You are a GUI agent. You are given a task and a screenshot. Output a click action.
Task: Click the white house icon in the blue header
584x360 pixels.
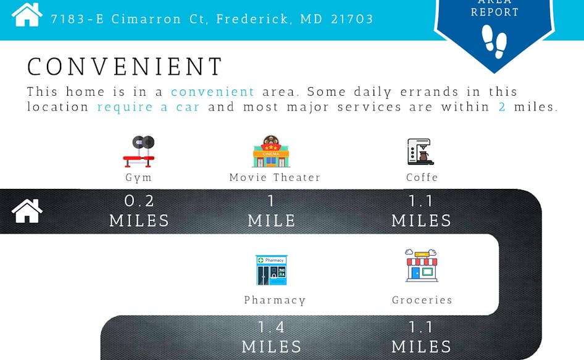pos(27,15)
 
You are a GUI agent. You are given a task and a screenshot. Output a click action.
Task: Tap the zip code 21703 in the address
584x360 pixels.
pos(352,19)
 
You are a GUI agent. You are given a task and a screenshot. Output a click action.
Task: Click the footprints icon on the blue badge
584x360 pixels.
pos(494,41)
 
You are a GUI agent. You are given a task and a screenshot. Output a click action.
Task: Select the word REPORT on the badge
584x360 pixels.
pos(494,12)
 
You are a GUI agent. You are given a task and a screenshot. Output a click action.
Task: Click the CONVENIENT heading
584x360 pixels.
pos(125,67)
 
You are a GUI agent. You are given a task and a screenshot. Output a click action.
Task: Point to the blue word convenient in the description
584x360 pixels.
pos(212,91)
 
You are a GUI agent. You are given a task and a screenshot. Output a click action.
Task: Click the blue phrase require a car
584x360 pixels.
pos(148,107)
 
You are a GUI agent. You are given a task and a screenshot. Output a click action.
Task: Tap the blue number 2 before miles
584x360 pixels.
pos(502,107)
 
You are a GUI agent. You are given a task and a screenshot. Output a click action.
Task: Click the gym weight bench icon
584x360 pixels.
pos(139,151)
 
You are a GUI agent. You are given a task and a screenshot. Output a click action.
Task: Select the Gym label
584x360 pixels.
pos(138,178)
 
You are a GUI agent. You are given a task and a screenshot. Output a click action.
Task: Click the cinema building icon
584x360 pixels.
pos(271,151)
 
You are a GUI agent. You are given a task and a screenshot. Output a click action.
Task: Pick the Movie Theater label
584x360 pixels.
pos(275,177)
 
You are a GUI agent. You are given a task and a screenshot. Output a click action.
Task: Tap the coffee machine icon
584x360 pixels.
pos(420,152)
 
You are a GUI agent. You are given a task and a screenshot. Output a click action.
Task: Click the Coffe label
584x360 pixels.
pos(422,177)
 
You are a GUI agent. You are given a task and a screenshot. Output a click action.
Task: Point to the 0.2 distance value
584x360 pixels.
pos(139,201)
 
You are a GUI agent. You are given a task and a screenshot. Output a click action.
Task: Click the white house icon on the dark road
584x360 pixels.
pos(27,211)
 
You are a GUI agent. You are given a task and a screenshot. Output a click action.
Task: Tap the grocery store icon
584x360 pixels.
pos(422,266)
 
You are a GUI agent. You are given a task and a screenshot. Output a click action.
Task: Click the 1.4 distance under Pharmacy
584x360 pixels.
pos(272,327)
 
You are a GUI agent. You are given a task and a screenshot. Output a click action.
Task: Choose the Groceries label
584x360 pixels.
pos(422,300)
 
